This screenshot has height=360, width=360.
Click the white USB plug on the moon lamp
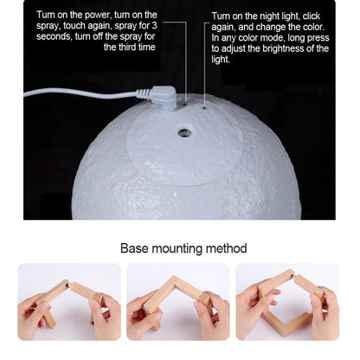click(162, 97)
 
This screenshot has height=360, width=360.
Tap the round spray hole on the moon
click(184, 132)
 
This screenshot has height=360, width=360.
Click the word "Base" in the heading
click(134, 248)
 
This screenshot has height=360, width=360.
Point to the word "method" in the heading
click(226, 248)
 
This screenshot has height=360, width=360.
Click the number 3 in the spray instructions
click(154, 26)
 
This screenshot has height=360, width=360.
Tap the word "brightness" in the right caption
click(283, 48)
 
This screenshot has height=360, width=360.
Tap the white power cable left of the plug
click(80, 93)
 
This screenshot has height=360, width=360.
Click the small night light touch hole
click(204, 108)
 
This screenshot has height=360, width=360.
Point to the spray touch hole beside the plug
click(183, 103)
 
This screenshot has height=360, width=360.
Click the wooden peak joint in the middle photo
click(174, 279)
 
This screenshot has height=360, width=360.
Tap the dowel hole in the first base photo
click(68, 285)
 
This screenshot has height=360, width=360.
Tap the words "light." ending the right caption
click(221, 60)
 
